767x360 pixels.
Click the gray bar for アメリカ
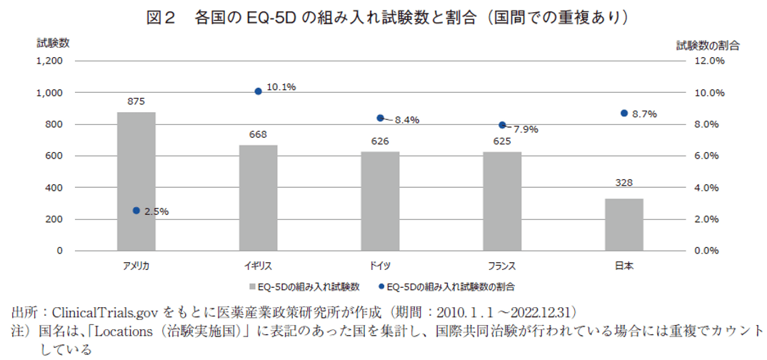pos(136,181)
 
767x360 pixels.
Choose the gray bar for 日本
pos(624,224)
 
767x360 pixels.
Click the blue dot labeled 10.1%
pos(259,91)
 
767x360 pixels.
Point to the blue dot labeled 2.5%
pos(136,211)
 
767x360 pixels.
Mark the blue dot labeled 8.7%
pos(624,113)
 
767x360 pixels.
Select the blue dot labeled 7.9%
pos(502,125)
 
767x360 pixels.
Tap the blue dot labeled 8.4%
pos(380,118)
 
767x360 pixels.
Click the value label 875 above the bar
pos(136,101)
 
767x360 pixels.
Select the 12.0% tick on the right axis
pos(710,61)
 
